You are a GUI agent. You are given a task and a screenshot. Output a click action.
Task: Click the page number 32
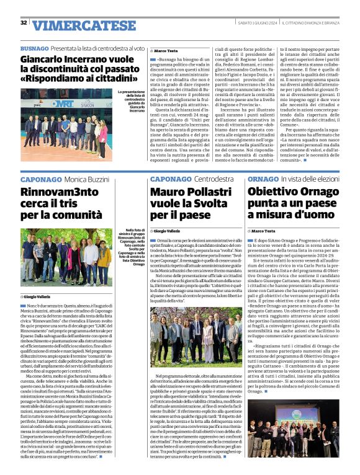pyautogui.click(x=24, y=23)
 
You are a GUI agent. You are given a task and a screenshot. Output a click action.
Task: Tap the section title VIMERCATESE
pyautogui.click(x=84, y=25)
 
